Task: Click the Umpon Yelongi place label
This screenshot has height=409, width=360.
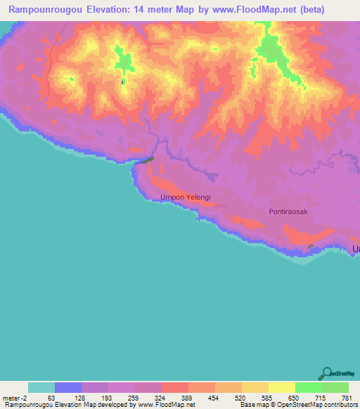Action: [185, 197]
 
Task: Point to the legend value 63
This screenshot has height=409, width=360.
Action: [51, 398]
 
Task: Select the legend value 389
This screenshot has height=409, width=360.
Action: [188, 398]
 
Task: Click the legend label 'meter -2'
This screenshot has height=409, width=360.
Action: [15, 398]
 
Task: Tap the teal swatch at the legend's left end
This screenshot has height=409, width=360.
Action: [41, 387]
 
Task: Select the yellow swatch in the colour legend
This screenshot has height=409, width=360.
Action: [282, 387]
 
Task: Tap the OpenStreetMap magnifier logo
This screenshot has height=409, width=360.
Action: [326, 373]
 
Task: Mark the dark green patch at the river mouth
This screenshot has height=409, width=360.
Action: [146, 160]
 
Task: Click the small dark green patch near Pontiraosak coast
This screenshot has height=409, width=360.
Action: [310, 245]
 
